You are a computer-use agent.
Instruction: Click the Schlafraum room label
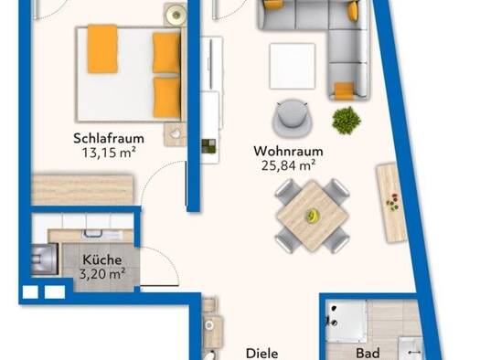pos(109,138)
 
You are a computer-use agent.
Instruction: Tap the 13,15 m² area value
pos(109,153)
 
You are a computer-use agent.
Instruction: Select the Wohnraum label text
pos(288,151)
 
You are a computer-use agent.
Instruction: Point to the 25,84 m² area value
pos(288,165)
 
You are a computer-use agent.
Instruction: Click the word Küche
pos(102,259)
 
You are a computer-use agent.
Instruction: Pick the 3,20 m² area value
pos(102,274)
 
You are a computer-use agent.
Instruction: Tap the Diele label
pos(262,354)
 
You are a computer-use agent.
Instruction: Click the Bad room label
pos(368,354)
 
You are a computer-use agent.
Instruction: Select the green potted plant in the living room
pos(347,121)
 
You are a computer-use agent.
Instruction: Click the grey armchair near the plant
pos(293,118)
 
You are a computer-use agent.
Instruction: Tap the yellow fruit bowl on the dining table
pos(313,215)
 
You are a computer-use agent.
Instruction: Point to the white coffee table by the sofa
pos(293,66)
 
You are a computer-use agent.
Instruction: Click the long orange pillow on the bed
pos(102,49)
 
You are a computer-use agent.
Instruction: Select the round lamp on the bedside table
pos(176,15)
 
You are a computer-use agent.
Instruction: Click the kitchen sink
pos(93,233)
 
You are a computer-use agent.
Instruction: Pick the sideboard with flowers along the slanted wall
pos(391,203)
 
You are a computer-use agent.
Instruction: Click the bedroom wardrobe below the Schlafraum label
pos(82,190)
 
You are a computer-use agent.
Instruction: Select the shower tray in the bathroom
pos(347,321)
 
